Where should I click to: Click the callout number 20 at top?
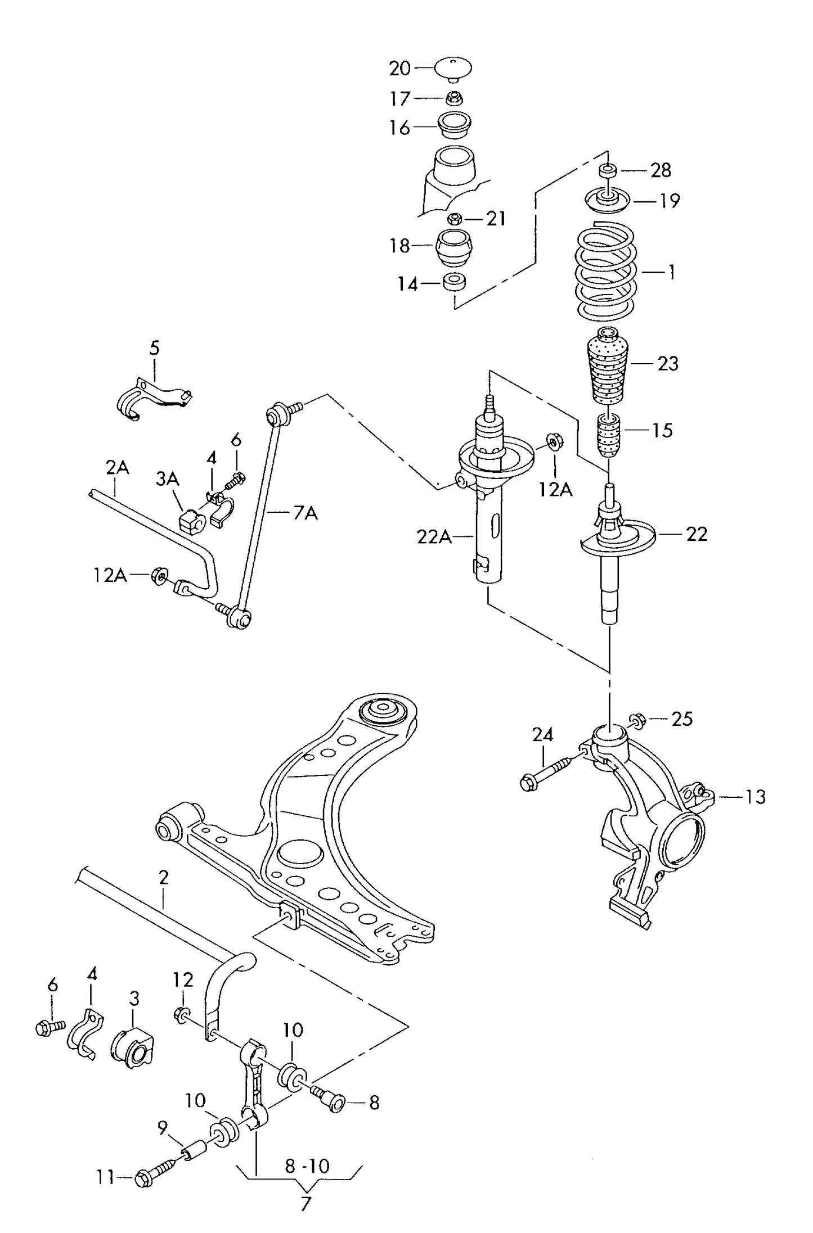click(x=400, y=69)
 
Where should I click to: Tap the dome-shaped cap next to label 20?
click(x=452, y=67)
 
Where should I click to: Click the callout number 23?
click(x=668, y=364)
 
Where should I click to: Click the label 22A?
click(x=434, y=537)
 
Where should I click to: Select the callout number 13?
click(x=756, y=797)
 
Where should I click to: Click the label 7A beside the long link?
click(x=305, y=513)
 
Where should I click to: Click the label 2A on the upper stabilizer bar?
click(x=117, y=468)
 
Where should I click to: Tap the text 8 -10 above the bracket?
click(x=307, y=1167)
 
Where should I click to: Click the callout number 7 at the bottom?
click(x=306, y=1204)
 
